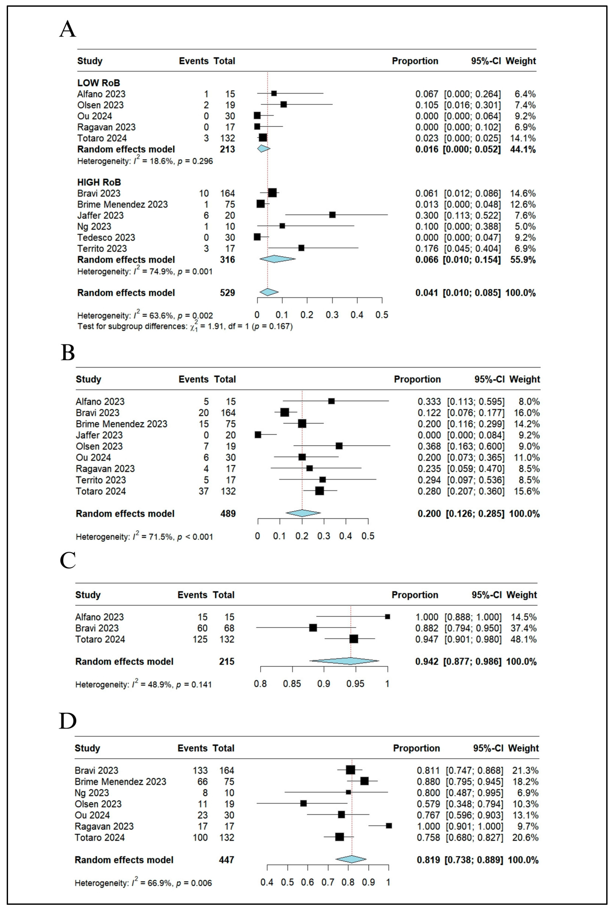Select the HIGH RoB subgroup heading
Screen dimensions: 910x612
coord(99,182)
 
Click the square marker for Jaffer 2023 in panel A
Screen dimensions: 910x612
coord(332,215)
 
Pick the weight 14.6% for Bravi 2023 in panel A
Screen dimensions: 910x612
coord(523,193)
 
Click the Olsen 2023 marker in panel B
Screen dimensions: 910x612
coord(339,446)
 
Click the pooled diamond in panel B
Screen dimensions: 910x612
coord(303,513)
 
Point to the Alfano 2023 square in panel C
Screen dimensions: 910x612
coord(387,617)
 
